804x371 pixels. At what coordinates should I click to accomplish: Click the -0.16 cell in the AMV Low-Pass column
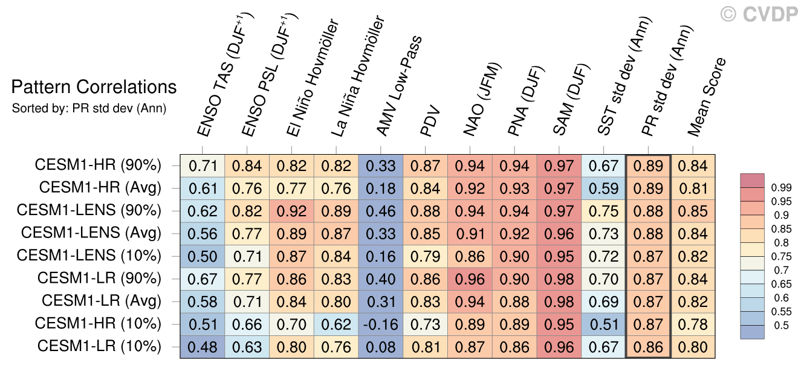click(381, 324)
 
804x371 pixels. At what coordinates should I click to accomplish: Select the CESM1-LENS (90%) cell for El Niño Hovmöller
click(291, 211)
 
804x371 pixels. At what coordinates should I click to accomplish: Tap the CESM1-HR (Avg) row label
click(100, 187)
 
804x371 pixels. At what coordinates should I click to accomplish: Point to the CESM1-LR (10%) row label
click(99, 347)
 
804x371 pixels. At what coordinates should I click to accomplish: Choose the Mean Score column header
click(707, 97)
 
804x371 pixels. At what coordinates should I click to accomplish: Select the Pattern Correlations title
click(94, 88)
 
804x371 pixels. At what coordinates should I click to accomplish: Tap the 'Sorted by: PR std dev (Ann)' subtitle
click(89, 109)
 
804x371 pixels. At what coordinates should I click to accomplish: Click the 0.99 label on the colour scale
click(782, 188)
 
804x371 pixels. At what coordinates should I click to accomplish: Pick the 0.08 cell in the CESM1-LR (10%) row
click(381, 347)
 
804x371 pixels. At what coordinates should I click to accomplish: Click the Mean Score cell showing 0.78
click(693, 324)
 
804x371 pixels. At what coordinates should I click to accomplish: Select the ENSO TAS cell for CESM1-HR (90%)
click(203, 165)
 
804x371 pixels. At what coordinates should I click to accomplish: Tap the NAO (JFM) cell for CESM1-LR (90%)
click(470, 279)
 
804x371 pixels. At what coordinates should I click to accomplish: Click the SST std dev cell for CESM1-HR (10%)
click(604, 324)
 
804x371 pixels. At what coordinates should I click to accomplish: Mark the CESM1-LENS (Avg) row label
click(91, 233)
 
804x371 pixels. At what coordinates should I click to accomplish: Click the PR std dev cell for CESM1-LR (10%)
click(649, 347)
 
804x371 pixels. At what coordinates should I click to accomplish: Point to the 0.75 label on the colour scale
click(782, 257)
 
